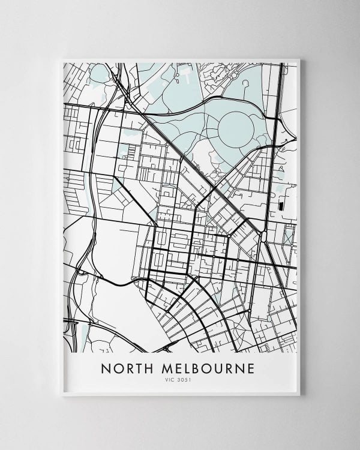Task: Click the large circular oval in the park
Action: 236,127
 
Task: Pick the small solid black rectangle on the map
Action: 281,206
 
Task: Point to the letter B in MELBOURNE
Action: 205,367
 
